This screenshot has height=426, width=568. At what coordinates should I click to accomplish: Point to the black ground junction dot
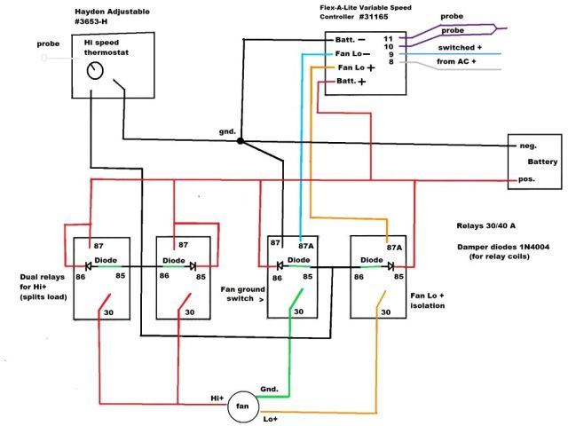pos(241,140)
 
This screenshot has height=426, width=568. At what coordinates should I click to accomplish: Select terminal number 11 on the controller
pos(388,40)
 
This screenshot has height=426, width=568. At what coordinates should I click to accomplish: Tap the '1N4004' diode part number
pos(532,245)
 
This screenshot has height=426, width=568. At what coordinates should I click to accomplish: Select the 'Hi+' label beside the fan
pos(217,398)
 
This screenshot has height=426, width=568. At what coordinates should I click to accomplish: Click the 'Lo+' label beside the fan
pos(270,418)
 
